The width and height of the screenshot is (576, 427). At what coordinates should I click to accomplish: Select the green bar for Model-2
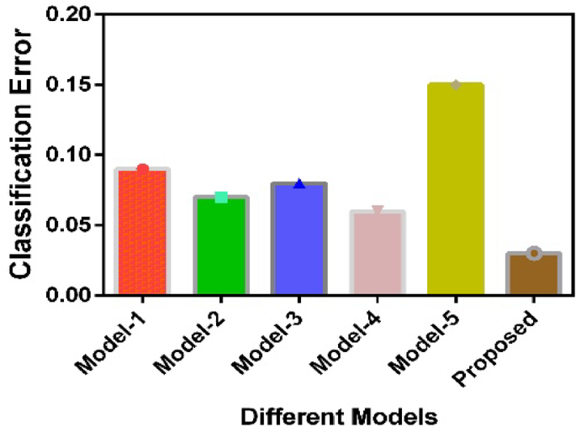point(221,245)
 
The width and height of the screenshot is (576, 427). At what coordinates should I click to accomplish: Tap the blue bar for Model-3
point(299,239)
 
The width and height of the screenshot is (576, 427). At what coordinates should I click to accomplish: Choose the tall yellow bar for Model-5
point(455,189)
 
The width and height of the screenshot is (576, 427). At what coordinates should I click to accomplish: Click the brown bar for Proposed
point(533,273)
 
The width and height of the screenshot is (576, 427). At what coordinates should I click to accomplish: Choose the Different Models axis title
point(337,414)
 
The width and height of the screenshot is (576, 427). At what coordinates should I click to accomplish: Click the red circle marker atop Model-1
point(143,169)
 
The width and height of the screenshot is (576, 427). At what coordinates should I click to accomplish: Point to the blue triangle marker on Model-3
point(299,183)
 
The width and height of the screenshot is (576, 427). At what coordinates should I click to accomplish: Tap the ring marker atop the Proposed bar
point(533,253)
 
